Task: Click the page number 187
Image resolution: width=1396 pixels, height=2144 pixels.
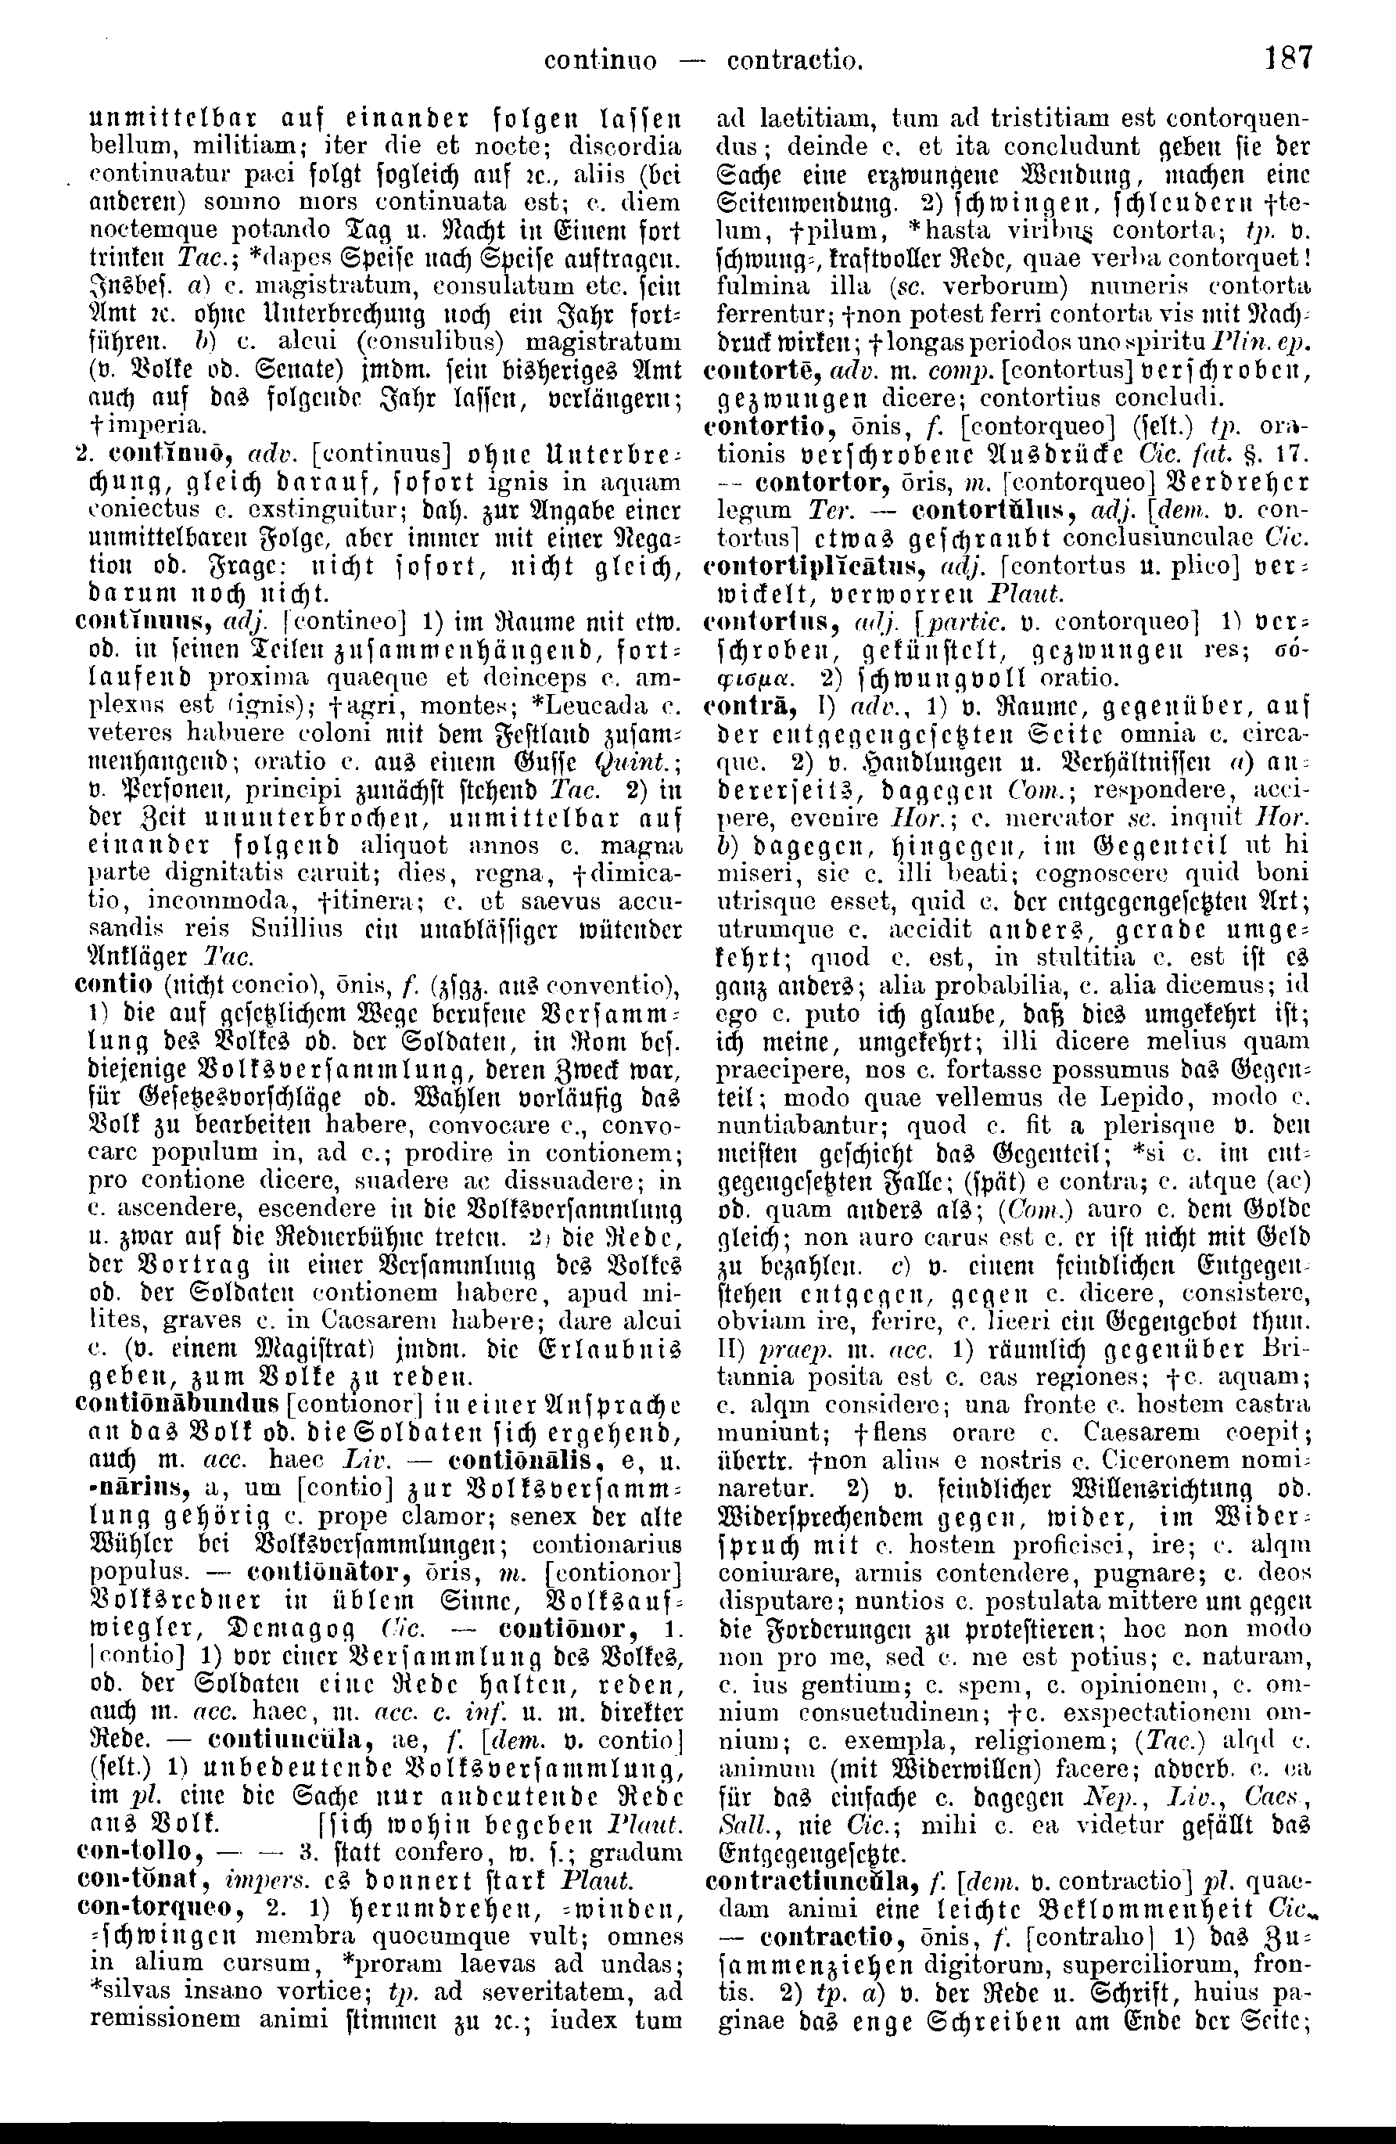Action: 1289,59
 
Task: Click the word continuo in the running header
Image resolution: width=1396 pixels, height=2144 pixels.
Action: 601,60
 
